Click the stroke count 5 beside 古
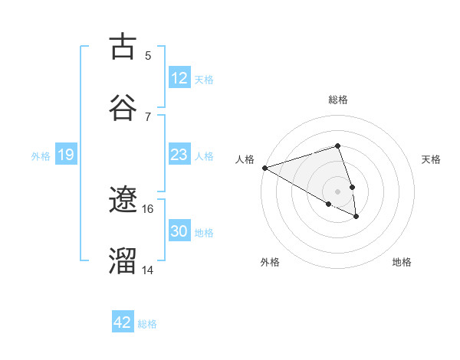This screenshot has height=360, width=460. click(148, 55)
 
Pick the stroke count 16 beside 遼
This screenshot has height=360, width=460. click(148, 208)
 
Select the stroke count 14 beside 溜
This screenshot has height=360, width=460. click(148, 270)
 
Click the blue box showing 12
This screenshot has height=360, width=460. click(179, 78)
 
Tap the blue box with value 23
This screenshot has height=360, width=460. click(179, 155)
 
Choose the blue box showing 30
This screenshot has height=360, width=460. click(179, 231)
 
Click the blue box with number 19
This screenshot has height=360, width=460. click(65, 155)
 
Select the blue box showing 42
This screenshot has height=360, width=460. click(122, 322)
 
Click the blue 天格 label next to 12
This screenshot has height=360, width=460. click(204, 79)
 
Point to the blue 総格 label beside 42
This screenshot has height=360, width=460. click(147, 323)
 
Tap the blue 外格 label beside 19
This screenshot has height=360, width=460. click(41, 155)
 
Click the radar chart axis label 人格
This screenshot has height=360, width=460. click(245, 159)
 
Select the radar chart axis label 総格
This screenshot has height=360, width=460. click(338, 100)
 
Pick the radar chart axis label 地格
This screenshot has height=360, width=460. click(402, 262)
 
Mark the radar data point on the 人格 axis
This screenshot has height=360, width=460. click(264, 168)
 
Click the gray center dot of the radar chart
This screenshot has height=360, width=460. click(338, 191)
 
